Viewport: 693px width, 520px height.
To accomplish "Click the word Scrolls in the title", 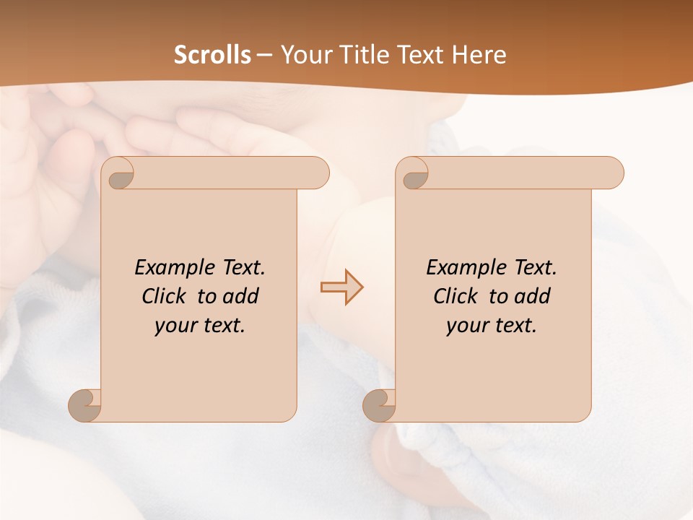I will click(212, 55).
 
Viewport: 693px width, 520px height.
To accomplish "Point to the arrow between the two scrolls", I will click(341, 287).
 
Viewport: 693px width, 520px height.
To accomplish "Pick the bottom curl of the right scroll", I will click(378, 405).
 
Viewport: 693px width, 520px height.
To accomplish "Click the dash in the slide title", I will click(264, 55).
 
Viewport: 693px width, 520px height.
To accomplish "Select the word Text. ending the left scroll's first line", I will click(241, 268).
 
